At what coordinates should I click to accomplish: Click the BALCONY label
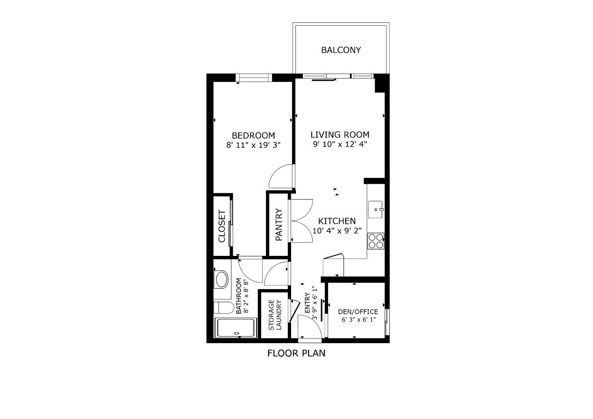(x=341, y=50)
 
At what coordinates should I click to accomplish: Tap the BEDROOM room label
(x=253, y=135)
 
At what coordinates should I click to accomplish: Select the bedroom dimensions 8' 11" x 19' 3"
(x=253, y=145)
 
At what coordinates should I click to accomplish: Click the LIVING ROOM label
(x=340, y=135)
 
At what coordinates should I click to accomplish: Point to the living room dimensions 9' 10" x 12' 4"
(x=340, y=145)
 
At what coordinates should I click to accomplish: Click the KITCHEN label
(x=337, y=221)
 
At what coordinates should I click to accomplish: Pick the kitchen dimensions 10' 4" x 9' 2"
(x=337, y=231)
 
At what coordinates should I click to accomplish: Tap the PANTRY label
(x=278, y=225)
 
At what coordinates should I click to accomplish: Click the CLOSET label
(x=222, y=226)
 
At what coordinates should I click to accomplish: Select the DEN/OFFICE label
(x=358, y=312)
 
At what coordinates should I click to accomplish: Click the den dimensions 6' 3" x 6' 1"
(x=358, y=320)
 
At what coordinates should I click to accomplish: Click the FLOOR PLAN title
(x=296, y=353)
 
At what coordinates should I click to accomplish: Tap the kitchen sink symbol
(x=376, y=208)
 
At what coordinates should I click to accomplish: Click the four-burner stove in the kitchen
(x=376, y=241)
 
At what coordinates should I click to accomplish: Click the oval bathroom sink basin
(x=222, y=280)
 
